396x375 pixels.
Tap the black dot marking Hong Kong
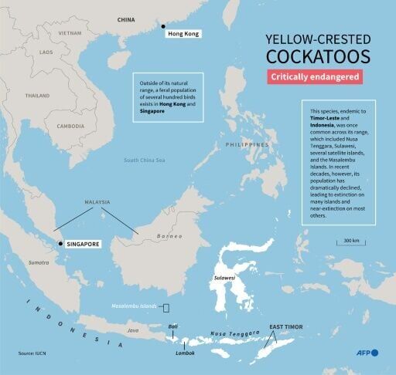point(164,27)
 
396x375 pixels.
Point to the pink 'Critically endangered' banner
point(315,78)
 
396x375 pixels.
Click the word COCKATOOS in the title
point(314,56)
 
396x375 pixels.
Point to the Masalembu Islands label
point(136,307)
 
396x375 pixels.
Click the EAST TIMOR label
point(285,328)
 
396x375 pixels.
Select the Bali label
point(173,327)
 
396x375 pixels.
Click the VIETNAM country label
point(70,34)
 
